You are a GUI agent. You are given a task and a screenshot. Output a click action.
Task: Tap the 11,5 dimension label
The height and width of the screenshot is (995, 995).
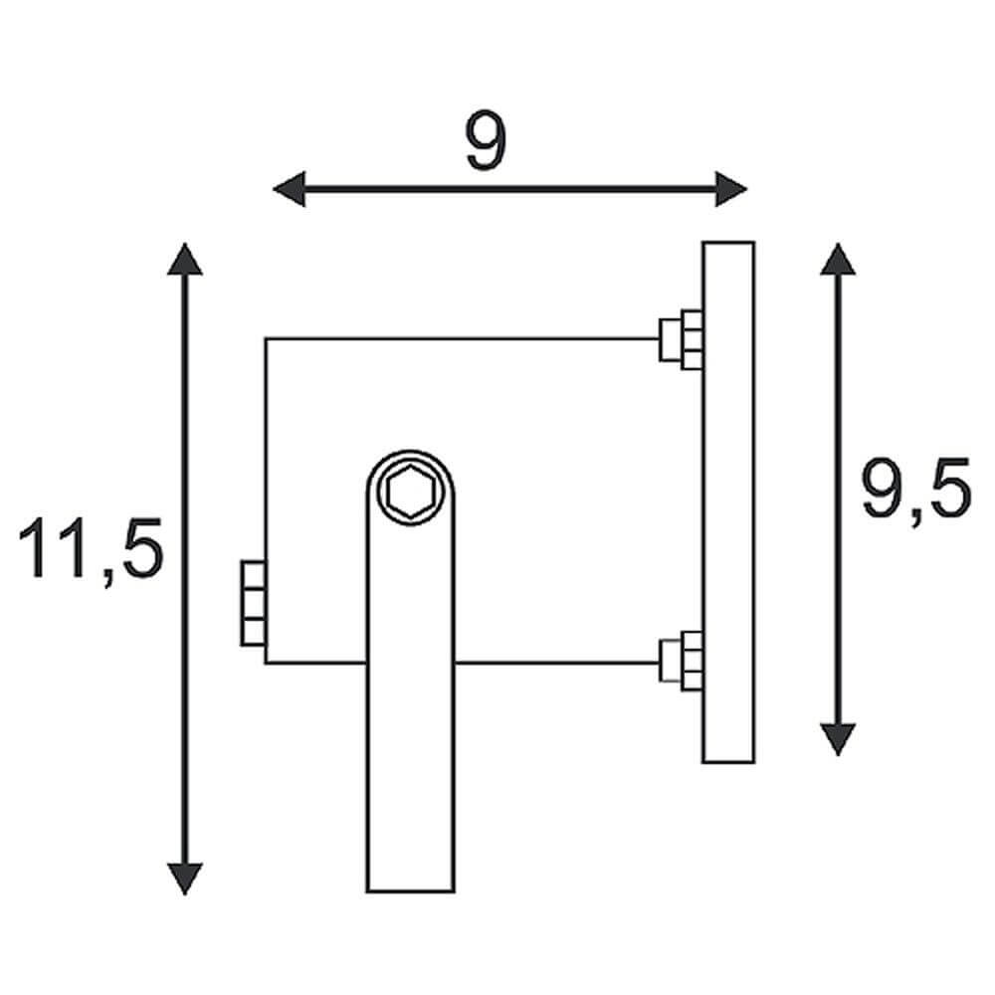pos(91,548)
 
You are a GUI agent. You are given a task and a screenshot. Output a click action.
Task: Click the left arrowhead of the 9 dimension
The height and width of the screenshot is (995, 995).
pos(289,188)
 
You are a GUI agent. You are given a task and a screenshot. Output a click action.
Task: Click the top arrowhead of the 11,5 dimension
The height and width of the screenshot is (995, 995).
pos(184,258)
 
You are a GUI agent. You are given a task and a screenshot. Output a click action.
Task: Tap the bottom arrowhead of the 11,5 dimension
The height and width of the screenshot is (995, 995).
pos(184,878)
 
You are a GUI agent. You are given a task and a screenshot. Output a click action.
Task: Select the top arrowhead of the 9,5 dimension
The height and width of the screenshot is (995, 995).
pos(839,258)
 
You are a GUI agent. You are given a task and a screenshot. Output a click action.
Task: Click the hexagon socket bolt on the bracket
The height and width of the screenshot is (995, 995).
pos(411,494)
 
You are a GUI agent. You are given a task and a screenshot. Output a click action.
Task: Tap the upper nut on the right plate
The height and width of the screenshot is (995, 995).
pos(682,338)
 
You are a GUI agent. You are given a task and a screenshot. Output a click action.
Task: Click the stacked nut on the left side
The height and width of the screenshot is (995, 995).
pos(253,603)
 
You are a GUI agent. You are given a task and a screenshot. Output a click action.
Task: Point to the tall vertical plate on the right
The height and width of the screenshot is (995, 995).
pos(728,502)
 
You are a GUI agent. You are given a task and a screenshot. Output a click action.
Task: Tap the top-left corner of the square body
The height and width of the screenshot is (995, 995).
pos(266,339)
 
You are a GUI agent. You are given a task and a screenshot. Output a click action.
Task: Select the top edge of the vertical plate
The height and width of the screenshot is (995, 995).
pos(728,242)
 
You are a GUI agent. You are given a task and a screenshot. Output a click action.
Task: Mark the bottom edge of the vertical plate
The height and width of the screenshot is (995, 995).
pos(728,762)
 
